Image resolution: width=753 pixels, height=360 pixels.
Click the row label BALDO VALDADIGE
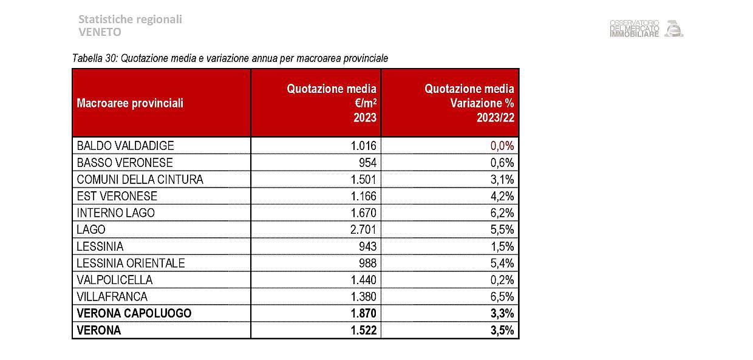125,146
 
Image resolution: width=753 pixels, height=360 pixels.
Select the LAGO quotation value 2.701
364,230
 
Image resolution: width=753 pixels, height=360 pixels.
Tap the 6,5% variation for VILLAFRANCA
502,297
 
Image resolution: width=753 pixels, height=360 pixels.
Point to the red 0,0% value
502,146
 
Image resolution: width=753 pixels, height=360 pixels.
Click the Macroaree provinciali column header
130,103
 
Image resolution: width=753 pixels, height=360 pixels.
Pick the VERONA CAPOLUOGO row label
134,314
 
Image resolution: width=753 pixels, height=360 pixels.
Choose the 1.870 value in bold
363,314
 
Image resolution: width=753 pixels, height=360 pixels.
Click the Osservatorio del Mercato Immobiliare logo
646,29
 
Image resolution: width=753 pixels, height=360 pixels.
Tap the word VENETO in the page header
100,32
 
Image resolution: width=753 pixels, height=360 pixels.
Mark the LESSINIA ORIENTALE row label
131,263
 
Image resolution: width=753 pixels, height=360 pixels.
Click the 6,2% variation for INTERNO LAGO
502,213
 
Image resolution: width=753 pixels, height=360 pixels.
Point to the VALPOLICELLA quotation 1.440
364,280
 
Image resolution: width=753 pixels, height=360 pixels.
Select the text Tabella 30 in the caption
94,58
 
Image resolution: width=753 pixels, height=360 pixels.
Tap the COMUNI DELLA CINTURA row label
140,180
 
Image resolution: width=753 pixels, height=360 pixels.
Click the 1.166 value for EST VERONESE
364,197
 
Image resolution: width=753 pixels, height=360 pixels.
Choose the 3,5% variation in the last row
502,331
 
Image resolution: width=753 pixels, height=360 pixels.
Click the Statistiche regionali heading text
130,19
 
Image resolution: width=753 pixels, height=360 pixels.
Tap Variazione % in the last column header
482,103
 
